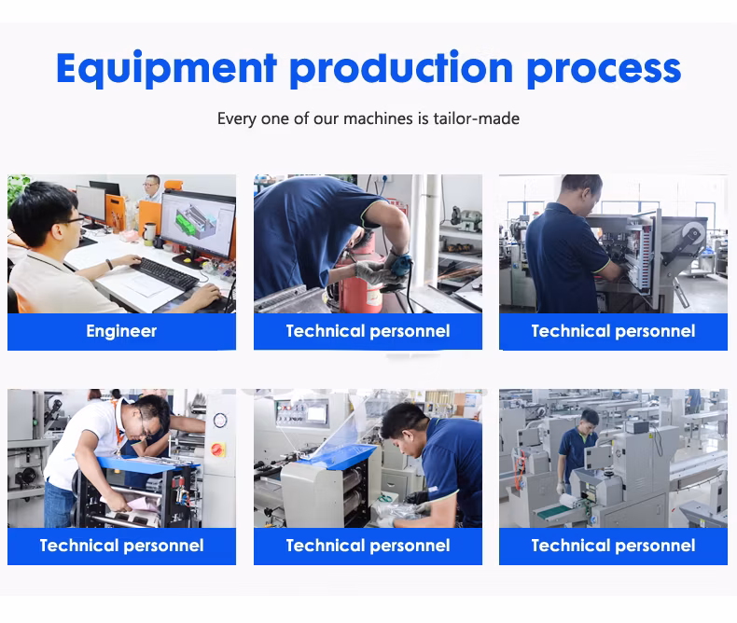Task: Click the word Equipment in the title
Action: pos(166,69)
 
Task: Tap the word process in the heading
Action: pos(604,71)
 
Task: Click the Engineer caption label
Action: pos(121,331)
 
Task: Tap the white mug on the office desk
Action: pos(149,233)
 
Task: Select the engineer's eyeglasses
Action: pos(72,221)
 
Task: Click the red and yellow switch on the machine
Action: pos(217,450)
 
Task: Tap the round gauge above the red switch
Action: pos(220,420)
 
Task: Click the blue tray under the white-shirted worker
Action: pos(147,465)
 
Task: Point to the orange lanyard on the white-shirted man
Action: pos(118,422)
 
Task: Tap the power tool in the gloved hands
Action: pos(399,267)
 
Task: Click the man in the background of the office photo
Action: pos(152,188)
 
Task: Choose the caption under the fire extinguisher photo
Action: pos(368,331)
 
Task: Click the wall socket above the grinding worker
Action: pos(384,179)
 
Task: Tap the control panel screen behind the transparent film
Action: pos(316,414)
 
